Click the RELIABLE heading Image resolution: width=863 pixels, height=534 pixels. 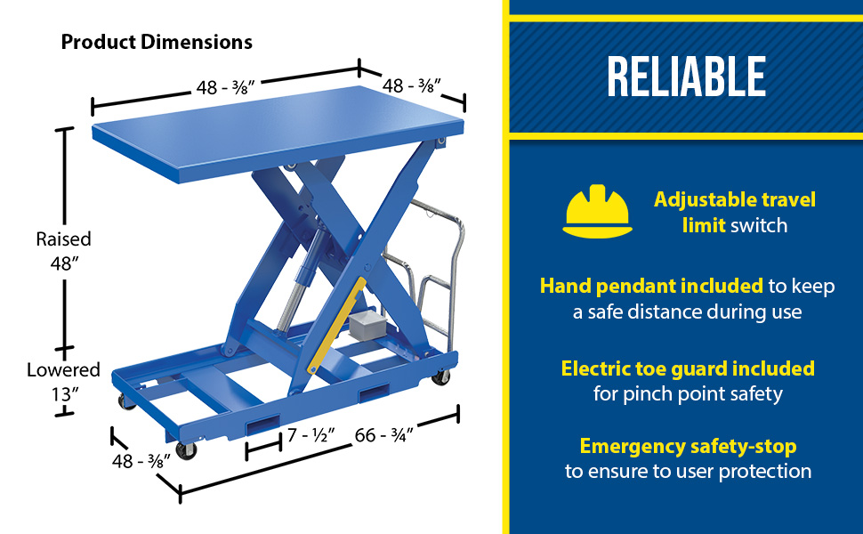click(686, 77)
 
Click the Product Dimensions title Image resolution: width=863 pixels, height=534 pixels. click(157, 42)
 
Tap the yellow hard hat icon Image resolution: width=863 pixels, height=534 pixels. click(597, 212)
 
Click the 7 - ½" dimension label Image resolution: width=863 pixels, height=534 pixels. click(311, 435)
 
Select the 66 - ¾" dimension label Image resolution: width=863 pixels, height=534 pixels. click(383, 435)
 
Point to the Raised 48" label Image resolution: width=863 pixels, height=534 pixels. click(63, 251)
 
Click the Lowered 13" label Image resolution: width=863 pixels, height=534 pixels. click(63, 382)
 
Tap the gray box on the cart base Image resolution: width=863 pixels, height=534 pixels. click(366, 322)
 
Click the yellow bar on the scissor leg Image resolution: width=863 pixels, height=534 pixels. click(336, 325)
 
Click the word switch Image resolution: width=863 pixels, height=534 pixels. click(759, 225)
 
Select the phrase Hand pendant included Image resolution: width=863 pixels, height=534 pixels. click(651, 286)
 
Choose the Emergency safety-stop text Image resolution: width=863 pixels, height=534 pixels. click(688, 446)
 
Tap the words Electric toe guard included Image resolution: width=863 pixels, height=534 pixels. click(688, 368)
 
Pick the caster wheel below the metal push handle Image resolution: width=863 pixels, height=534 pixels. click(440, 377)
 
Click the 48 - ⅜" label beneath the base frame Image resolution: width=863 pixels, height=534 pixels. click(141, 461)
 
